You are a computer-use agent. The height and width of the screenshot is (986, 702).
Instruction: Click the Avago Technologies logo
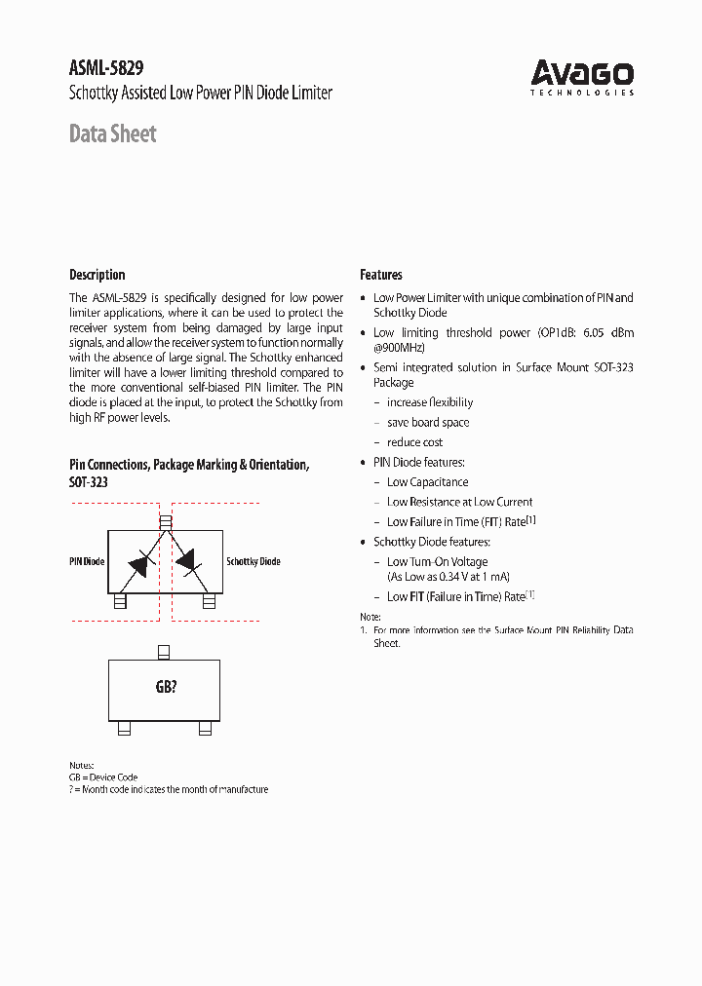pos(582,77)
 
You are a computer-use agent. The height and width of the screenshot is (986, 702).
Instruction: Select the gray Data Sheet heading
pos(112,133)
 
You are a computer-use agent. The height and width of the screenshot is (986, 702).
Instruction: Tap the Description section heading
pos(97,275)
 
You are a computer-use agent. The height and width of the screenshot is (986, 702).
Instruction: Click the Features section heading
pos(380,275)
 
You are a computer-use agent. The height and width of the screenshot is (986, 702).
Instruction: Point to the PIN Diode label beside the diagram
pos(87,562)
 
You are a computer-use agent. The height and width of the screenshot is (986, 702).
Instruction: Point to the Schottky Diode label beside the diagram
pos(253,562)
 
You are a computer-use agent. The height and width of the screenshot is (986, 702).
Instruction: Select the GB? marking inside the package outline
pos(166,687)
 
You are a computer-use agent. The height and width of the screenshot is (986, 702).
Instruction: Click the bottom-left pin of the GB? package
pos(124,728)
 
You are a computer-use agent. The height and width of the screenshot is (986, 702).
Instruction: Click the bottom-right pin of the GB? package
pos(205,728)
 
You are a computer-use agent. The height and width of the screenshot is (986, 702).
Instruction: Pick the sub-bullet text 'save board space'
pos(428,423)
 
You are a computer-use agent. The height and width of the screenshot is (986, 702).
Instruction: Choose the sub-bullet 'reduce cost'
pos(414,442)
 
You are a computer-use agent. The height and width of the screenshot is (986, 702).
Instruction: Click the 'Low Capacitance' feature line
pos(427,482)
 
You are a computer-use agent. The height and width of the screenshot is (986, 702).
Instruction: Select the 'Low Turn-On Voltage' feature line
pos(437,562)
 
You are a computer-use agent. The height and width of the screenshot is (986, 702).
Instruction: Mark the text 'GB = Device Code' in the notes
pos(103,777)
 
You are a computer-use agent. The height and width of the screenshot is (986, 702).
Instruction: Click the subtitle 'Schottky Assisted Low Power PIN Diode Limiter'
pos(201,94)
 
